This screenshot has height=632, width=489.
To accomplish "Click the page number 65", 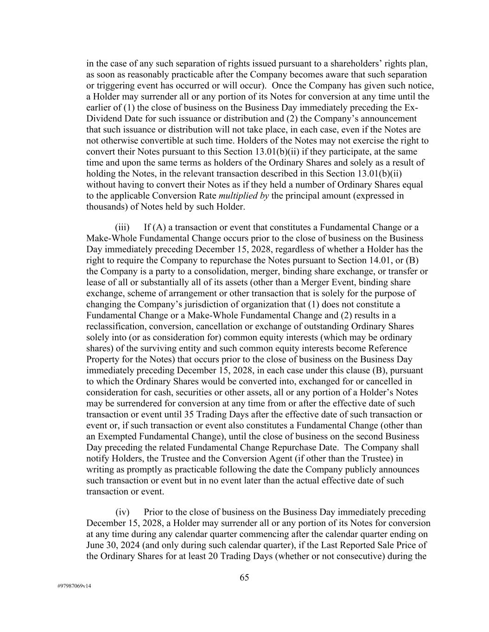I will point(244,577).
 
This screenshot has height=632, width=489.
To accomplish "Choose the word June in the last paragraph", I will point(95,545).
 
